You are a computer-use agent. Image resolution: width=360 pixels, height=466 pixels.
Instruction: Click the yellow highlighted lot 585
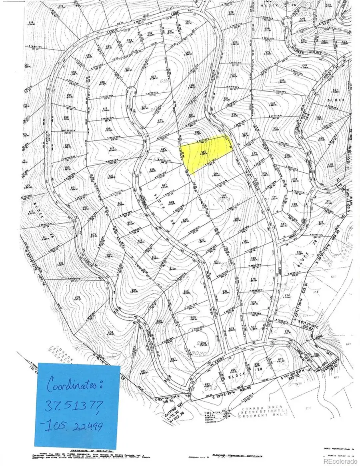tap(206, 153)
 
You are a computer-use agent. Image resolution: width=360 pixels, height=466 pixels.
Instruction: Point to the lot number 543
tap(282, 81)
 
